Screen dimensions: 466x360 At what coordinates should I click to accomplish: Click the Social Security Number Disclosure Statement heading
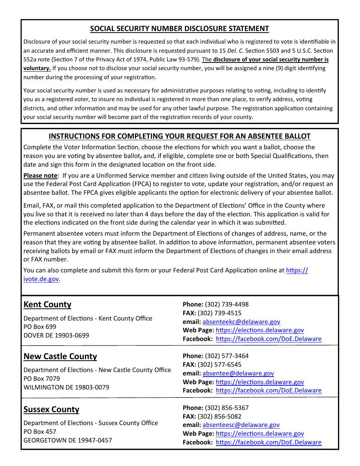[x=179, y=29]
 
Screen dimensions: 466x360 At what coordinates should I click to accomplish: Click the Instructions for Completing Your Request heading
[x=179, y=136]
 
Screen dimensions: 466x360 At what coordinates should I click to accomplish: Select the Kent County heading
[x=47, y=305]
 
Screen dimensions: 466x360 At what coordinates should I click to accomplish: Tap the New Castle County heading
[x=60, y=357]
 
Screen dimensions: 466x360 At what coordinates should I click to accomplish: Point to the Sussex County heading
[x=51, y=410]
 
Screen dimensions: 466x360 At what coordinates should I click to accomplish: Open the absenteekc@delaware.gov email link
[x=241, y=322]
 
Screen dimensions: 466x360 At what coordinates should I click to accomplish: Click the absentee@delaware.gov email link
[x=238, y=373]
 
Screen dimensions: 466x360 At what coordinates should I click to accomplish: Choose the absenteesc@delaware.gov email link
[x=241, y=425]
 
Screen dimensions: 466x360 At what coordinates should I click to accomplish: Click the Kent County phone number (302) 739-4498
[x=227, y=304]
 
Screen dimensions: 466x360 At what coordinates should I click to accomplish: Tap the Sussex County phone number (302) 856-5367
[x=227, y=408]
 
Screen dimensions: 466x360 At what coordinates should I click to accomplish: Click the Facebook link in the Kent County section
[x=268, y=339]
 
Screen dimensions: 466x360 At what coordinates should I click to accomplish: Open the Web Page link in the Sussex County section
[x=260, y=434]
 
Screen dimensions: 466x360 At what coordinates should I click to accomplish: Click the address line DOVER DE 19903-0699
[x=56, y=336]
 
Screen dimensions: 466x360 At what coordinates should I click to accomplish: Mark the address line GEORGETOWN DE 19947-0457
[x=68, y=440]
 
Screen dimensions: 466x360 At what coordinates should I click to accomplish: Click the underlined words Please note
[x=40, y=176]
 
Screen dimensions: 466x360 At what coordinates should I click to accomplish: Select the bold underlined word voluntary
[x=37, y=68]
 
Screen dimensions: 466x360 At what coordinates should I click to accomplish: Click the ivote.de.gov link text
[x=41, y=279]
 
